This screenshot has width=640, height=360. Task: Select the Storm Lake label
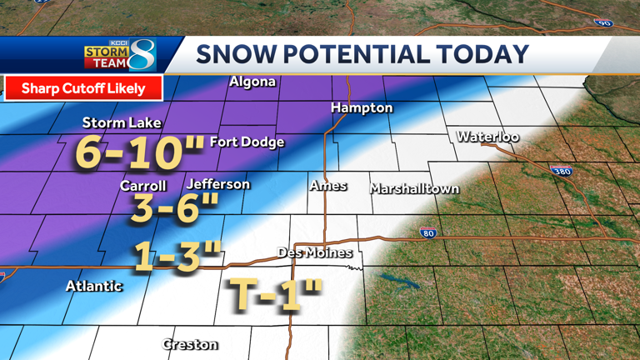click(122, 122)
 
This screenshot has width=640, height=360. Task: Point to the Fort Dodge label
click(247, 142)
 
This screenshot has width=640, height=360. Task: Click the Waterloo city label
click(487, 136)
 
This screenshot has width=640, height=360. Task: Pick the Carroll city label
click(142, 186)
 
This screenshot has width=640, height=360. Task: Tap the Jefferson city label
click(218, 183)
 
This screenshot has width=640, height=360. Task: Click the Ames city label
click(328, 185)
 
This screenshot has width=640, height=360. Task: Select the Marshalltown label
click(414, 188)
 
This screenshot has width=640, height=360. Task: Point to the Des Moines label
click(315, 252)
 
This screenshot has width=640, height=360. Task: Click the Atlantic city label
click(94, 286)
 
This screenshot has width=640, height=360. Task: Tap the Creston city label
click(190, 343)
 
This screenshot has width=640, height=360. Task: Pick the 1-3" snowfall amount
click(177, 257)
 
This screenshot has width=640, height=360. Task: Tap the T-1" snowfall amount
click(274, 295)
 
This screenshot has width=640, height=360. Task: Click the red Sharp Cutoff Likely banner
click(83, 87)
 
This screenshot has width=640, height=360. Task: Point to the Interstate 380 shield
click(561, 171)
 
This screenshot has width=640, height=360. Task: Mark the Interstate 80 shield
click(427, 232)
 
